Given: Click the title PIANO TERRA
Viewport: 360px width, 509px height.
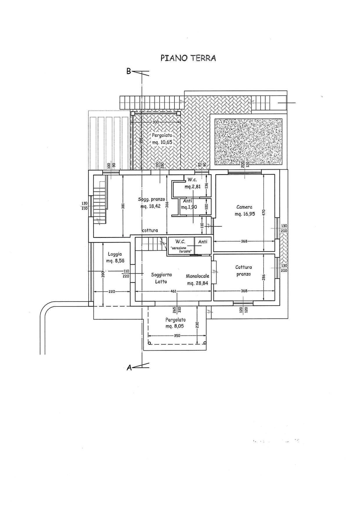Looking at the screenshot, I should (188, 58).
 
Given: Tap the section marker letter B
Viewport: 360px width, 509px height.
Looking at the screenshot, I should (129, 71).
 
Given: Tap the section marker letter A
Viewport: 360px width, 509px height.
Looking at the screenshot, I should (129, 368).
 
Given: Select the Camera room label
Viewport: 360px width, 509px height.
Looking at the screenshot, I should (244, 207).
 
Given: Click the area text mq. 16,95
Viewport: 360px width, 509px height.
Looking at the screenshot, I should (245, 214).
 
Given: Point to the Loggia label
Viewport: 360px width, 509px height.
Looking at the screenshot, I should (114, 254).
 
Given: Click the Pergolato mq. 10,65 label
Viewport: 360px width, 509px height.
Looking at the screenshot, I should (162, 139).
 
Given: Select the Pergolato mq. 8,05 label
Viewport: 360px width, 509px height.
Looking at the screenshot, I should (175, 323).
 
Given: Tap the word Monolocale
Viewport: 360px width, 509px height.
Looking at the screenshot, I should (197, 276).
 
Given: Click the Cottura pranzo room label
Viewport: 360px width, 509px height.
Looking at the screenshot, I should (244, 270).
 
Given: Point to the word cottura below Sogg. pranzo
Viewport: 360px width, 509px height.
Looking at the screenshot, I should (150, 230).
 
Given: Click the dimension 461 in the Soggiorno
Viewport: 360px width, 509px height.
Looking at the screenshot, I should (173, 291).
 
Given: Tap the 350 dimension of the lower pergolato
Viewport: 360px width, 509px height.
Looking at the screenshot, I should (177, 335).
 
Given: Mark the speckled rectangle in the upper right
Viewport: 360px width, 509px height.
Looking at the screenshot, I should (248, 141).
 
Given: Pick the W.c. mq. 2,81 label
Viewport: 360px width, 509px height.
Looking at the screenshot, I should (192, 183).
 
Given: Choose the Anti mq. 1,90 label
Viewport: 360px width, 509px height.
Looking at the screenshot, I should (188, 204).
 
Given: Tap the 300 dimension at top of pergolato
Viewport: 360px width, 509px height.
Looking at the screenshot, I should (156, 122).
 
